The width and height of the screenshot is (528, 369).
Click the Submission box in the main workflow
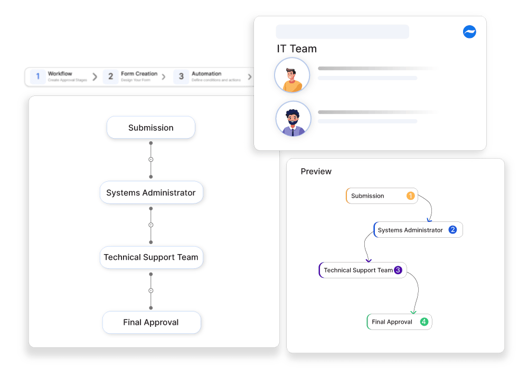[x=151, y=128]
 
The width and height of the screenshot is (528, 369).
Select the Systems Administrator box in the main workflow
[x=151, y=193]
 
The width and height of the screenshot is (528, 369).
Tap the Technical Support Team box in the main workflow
[x=151, y=257]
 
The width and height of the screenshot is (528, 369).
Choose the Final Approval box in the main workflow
[x=151, y=322]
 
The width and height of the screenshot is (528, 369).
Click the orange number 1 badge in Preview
[x=410, y=196]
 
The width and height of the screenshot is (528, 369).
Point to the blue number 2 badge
[x=452, y=230]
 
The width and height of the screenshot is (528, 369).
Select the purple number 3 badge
[x=398, y=270]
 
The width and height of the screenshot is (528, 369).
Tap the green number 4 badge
[x=424, y=322]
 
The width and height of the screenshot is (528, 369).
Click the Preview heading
[x=316, y=171]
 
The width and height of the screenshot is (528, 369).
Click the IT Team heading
[x=297, y=49]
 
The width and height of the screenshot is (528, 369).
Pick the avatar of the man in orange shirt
[x=292, y=75]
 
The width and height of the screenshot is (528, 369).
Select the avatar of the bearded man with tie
[x=293, y=119]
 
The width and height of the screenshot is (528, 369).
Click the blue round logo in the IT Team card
[x=469, y=32]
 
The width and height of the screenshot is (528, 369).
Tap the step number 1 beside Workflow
[x=38, y=76]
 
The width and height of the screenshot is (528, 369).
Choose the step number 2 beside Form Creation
[x=110, y=76]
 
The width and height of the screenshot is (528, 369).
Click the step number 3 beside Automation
[x=181, y=76]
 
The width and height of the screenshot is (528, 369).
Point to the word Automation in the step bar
[x=206, y=74]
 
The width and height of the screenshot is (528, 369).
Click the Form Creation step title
[x=139, y=74]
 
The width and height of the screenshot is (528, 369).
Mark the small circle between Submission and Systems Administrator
[x=151, y=160]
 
